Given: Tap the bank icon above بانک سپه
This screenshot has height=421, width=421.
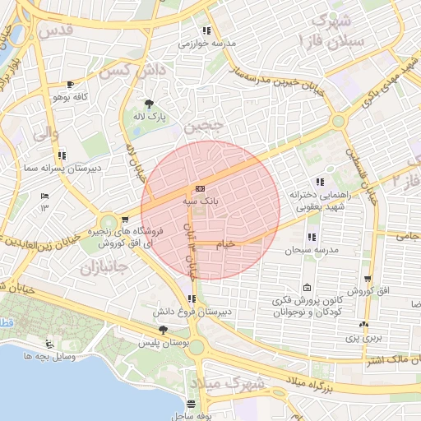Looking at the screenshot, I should (201, 188).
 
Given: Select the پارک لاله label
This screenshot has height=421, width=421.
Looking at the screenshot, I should (150, 118).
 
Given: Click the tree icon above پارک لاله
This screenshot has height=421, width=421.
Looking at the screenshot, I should (149, 104).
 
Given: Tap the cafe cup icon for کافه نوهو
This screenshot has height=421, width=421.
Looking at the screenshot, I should (70, 85).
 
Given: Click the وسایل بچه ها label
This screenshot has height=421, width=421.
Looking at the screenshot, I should (50, 356).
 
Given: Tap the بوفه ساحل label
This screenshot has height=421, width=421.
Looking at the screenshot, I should (192, 415).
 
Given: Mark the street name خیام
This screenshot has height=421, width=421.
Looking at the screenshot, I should (224, 245).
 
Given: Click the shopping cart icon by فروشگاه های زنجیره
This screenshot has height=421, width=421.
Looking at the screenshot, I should (124, 220).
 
